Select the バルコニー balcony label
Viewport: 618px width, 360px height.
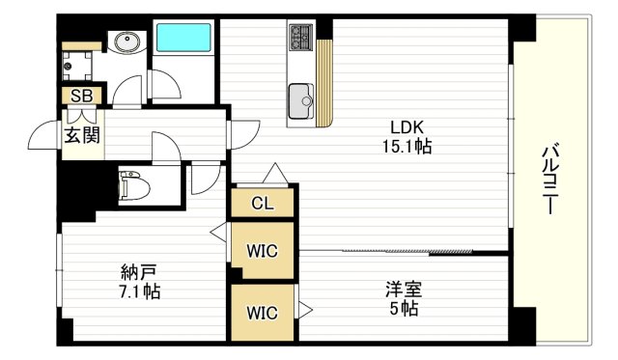tap(550, 180)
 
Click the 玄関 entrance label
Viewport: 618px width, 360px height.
tap(82, 135)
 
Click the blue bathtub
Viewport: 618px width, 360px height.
tap(184, 39)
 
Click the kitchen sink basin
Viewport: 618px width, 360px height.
tap(300, 97)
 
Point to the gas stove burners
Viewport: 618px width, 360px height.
tap(299, 40)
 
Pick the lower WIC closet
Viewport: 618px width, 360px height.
tap(262, 312)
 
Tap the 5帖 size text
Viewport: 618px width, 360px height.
tap(405, 310)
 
